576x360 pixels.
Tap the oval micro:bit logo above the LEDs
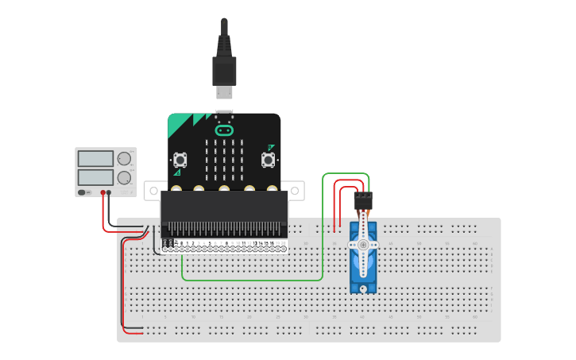tap(224, 129)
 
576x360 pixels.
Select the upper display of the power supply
tap(96, 157)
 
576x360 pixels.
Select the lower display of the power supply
tap(96, 176)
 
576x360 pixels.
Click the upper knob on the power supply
tap(124, 158)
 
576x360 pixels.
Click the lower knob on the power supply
tap(124, 176)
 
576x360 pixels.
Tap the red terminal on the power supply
tap(102, 192)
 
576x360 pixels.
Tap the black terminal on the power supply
tap(110, 192)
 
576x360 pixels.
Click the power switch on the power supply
tap(84, 192)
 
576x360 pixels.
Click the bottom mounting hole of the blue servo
tap(364, 288)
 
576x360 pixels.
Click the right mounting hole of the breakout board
tap(296, 191)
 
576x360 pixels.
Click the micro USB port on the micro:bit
tap(224, 112)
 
